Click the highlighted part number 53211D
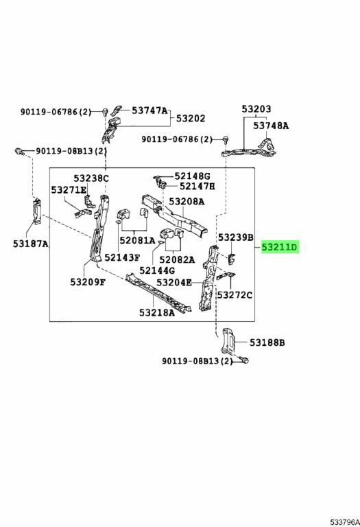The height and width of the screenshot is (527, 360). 280,247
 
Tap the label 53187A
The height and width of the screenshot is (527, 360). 31,244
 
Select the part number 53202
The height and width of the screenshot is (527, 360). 191,118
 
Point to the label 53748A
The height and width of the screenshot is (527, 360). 271,126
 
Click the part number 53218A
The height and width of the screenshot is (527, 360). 157,313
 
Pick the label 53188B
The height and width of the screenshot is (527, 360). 267,342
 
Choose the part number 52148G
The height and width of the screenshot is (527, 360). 192,176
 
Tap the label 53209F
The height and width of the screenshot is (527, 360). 88,281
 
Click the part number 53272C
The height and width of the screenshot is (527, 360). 235,295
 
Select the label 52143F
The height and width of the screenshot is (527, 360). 122,257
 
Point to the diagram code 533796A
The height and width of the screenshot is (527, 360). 345,522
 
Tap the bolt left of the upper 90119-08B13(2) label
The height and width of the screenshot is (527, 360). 20,151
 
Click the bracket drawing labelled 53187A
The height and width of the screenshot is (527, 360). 37,211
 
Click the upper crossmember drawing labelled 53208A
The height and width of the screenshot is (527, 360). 175,215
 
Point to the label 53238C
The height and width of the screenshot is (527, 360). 91,178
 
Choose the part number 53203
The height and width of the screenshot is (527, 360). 256,109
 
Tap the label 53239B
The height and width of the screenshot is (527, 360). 235,237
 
